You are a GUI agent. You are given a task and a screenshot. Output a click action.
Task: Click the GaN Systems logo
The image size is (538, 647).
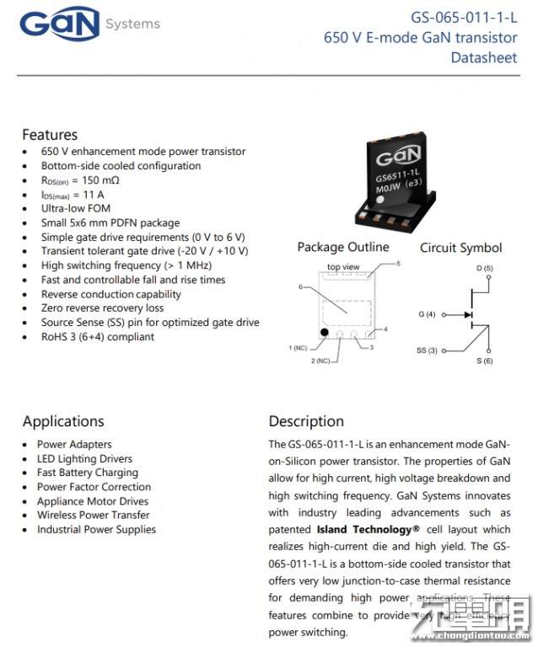[88, 25]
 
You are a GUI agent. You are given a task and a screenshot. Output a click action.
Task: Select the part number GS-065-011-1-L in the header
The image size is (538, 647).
[464, 17]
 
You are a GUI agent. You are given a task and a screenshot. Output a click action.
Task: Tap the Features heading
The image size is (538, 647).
[50, 135]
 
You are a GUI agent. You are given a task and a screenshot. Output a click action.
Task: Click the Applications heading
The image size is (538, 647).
[63, 421]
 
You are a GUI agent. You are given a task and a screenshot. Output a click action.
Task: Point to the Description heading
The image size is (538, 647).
[306, 421]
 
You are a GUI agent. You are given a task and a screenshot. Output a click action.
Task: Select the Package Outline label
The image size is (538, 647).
[343, 247]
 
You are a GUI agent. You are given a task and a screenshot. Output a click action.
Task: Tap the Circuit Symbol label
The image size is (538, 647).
[460, 248]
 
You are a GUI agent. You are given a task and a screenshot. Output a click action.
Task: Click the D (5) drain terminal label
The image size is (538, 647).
[484, 268]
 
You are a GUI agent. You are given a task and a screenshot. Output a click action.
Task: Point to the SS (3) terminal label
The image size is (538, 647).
[427, 350]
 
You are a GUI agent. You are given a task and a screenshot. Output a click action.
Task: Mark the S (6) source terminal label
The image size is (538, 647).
[484, 361]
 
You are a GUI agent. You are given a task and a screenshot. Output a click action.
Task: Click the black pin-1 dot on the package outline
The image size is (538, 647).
[323, 333]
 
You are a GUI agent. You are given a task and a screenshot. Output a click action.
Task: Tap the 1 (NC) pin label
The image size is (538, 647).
[298, 348]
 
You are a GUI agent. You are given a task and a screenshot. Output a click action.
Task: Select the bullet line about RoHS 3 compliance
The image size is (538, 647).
[97, 337]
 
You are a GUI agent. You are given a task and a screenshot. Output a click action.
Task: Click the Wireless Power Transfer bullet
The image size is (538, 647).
[93, 515]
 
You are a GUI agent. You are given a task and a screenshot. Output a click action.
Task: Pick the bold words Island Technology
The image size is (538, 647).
[368, 530]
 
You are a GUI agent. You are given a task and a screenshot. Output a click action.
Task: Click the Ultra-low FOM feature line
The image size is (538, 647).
[76, 208]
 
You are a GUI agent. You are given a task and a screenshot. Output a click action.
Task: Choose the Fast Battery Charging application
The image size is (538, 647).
[87, 473]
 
